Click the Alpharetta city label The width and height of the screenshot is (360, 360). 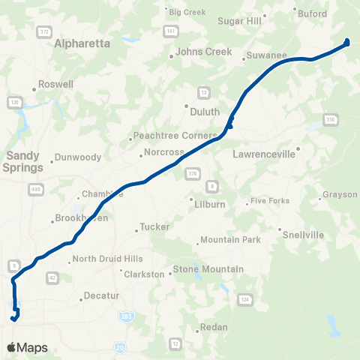pos(82,43)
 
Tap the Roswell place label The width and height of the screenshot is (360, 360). pos(55,85)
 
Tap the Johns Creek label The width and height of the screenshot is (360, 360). pos(199,52)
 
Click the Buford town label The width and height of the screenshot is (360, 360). pos(312,13)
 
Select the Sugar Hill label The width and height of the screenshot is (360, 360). pos(239,21)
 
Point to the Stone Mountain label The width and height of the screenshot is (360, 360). pos(208,268)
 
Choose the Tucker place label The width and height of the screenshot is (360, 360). pos(155,226)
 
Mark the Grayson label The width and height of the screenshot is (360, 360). pos(340,195)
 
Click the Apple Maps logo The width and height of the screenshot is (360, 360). pos(28,347)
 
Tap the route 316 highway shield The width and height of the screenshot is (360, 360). pos(330,119)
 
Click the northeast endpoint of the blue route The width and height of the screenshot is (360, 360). pos(346,42)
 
